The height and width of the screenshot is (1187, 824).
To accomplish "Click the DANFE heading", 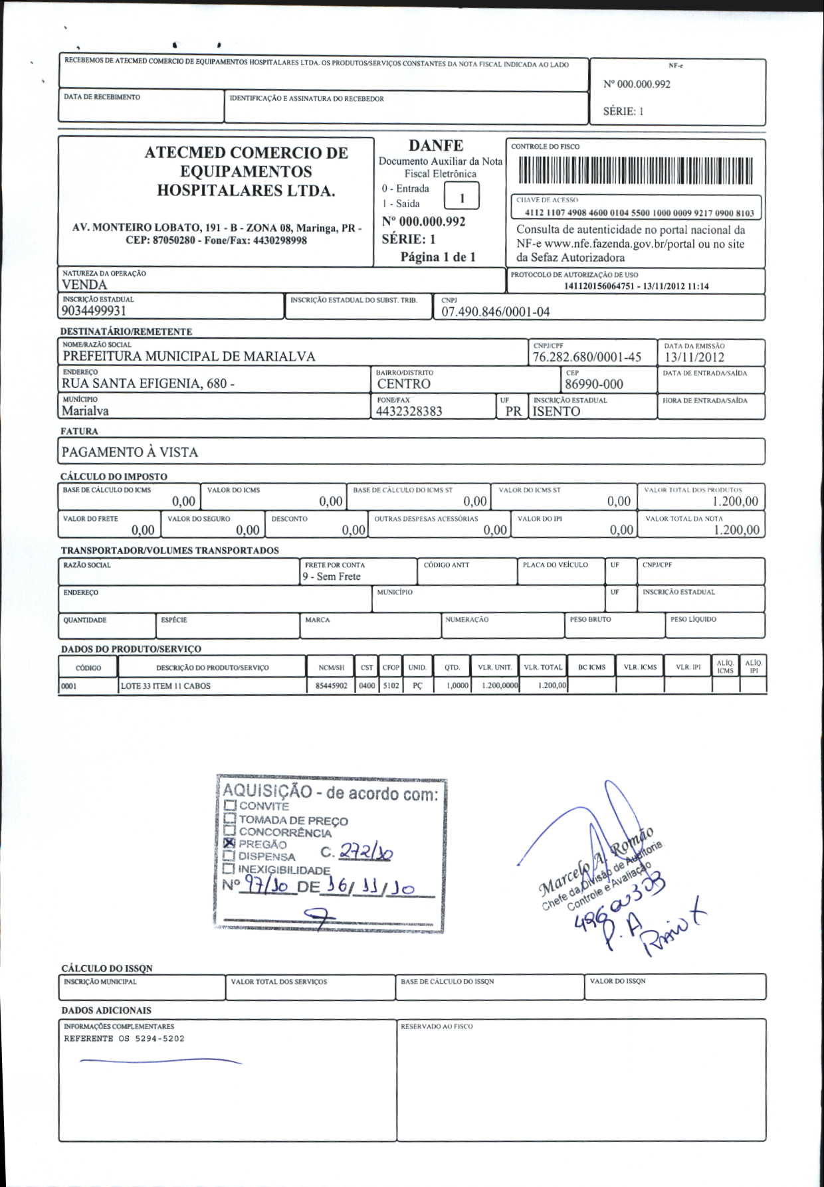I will [x=436, y=145].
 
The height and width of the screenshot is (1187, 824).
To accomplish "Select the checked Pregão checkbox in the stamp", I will [x=230, y=843].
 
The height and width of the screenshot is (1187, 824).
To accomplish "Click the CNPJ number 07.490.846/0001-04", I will [x=496, y=312].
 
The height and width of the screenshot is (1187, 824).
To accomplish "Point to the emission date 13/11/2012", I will [x=694, y=357].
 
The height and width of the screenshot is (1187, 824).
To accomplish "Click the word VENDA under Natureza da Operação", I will [x=84, y=285].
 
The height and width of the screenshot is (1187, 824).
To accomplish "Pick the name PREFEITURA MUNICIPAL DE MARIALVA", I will [x=189, y=357].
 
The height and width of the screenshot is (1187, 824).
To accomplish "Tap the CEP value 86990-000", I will [x=593, y=385].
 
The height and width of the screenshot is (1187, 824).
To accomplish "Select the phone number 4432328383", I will [x=409, y=411].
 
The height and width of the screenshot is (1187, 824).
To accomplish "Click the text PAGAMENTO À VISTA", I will [x=130, y=452].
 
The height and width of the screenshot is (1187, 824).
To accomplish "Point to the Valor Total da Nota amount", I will [x=736, y=529].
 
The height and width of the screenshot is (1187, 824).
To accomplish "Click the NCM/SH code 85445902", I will [x=332, y=686].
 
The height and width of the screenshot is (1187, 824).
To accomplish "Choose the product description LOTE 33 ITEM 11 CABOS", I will [x=165, y=686].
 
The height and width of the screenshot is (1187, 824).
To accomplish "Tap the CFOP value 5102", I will [x=391, y=686].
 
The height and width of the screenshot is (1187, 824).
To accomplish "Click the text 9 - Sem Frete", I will [x=332, y=577].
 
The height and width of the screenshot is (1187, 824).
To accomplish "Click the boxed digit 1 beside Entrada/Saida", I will [x=462, y=197].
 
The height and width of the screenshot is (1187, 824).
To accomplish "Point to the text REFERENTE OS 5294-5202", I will [x=124, y=1039].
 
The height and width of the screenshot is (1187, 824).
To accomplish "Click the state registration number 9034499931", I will [x=94, y=311].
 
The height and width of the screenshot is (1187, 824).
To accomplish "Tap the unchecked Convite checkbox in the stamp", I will [x=231, y=806].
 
